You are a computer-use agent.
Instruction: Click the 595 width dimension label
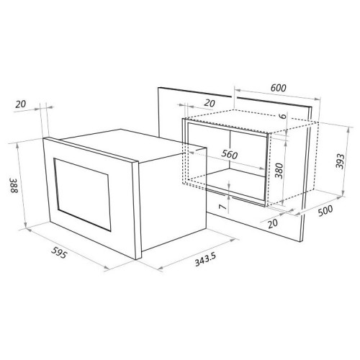coord(59,252)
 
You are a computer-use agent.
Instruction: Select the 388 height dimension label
coord(14,186)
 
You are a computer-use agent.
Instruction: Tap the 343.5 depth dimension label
coord(205,259)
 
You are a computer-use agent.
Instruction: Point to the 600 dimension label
coord(279,88)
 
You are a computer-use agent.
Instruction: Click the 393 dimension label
coord(340,161)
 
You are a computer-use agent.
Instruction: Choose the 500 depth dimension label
coord(325,211)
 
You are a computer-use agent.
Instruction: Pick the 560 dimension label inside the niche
coord(230,154)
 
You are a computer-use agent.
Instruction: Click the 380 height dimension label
coord(279,171)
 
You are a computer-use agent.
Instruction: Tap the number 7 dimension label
coord(223,207)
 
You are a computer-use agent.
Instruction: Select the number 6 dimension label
coord(284,116)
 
